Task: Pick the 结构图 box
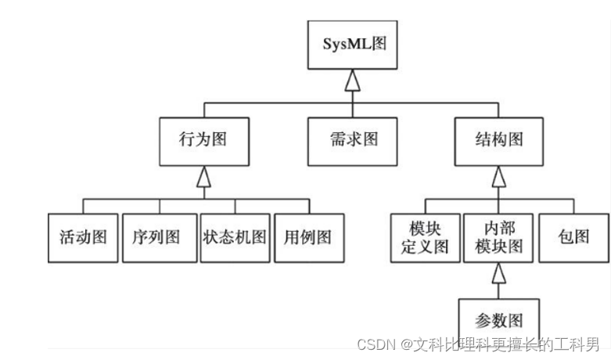[498, 140]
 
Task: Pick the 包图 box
[574, 237]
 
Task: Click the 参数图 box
[498, 319]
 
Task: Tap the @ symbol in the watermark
[407, 344]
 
